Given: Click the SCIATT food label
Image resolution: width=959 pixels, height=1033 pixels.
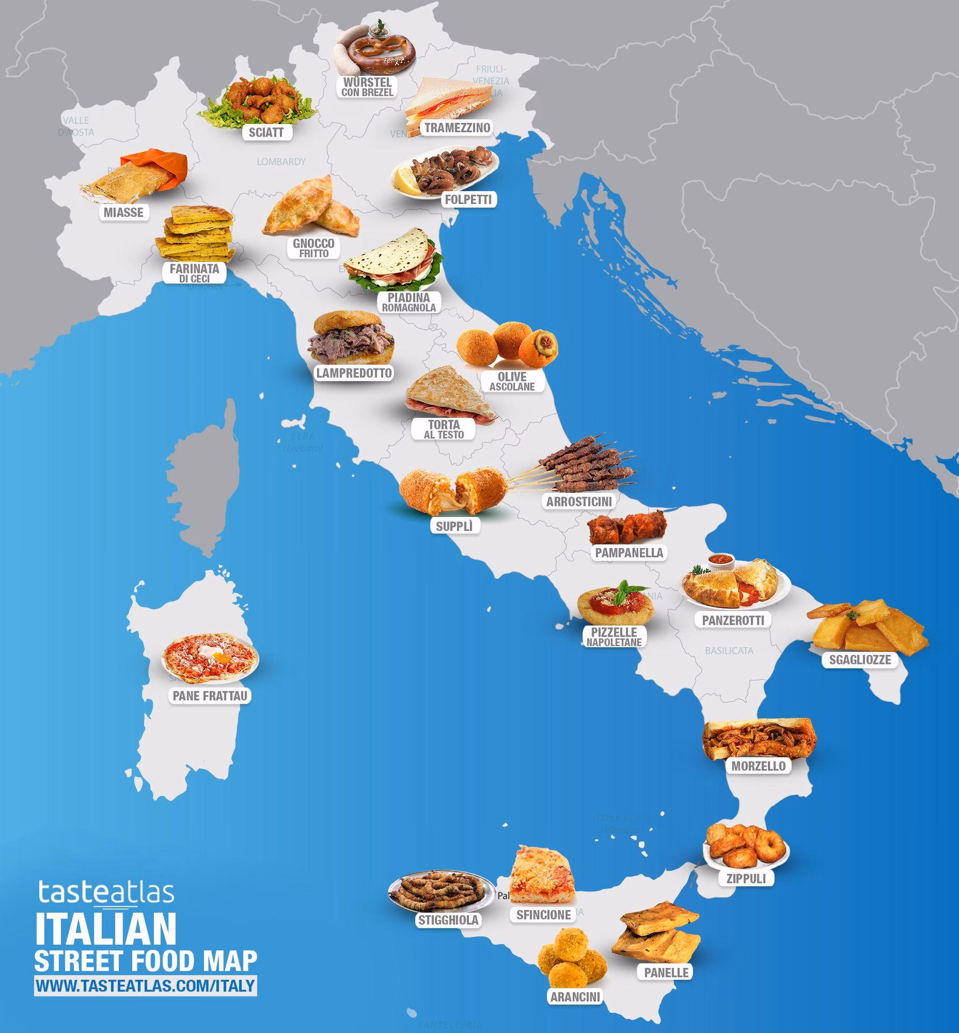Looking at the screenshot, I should pyautogui.click(x=266, y=132).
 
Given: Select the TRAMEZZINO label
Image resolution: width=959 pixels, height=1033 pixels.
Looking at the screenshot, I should pyautogui.click(x=457, y=128).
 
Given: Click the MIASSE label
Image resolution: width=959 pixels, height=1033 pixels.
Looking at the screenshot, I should pyautogui.click(x=124, y=212).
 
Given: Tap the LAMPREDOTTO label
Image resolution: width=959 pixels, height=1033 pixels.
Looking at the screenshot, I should pyautogui.click(x=354, y=373).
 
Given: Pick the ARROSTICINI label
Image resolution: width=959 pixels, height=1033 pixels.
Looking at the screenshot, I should pyautogui.click(x=579, y=501).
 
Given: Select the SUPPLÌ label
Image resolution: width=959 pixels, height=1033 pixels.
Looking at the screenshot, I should pyautogui.click(x=454, y=526).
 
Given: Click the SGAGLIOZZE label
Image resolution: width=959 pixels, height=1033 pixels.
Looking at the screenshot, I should pyautogui.click(x=860, y=660).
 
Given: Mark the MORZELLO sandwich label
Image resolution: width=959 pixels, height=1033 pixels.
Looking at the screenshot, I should pyautogui.click(x=758, y=766).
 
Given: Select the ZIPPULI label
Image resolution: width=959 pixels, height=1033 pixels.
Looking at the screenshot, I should pyautogui.click(x=746, y=879).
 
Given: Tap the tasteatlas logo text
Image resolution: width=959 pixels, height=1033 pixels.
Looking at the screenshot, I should pyautogui.click(x=106, y=892).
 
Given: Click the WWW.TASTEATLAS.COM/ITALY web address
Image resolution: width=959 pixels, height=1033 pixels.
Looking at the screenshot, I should pyautogui.click(x=145, y=986).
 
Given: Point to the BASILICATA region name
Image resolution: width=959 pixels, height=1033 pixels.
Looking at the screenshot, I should pyautogui.click(x=729, y=651).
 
